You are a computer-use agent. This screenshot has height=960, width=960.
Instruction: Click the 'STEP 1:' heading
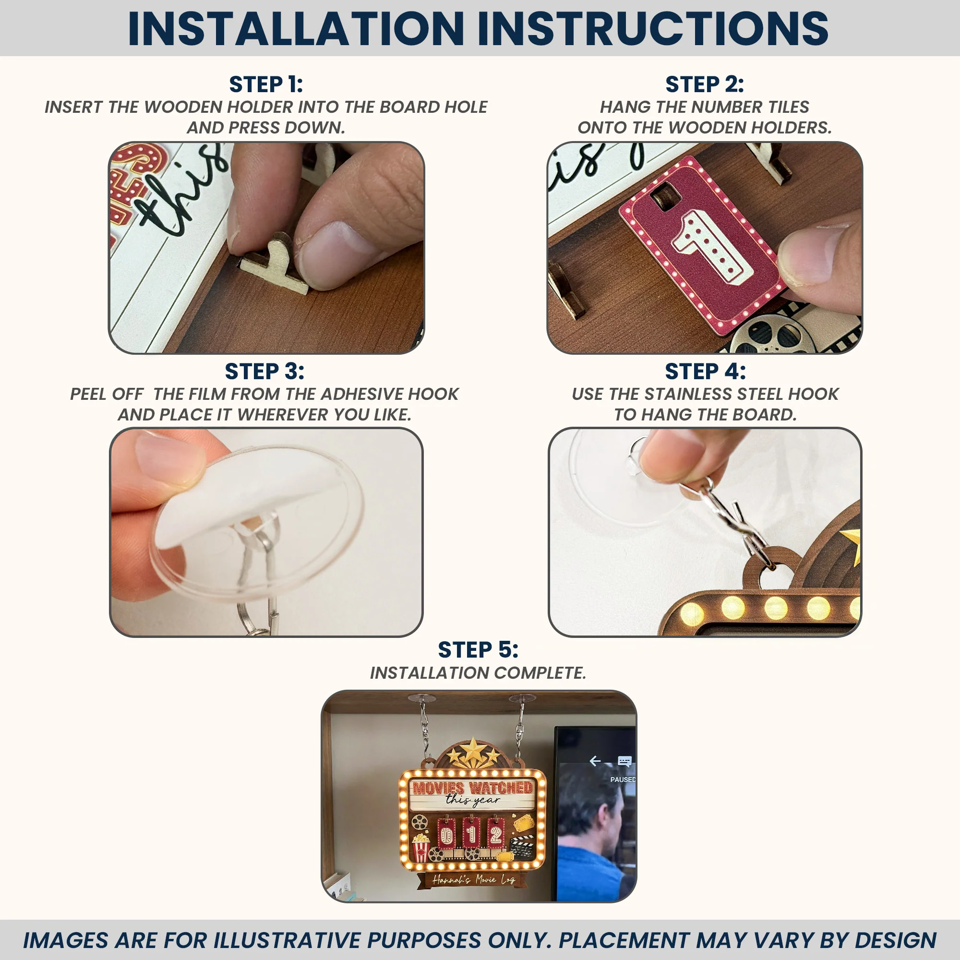tap(266, 84)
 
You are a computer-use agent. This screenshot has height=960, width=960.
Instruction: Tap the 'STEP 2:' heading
tap(705, 84)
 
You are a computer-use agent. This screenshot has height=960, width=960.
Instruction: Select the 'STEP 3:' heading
tap(264, 371)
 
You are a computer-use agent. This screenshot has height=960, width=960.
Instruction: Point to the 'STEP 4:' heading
tap(705, 371)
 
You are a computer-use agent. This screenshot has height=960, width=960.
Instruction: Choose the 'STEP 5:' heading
tap(478, 649)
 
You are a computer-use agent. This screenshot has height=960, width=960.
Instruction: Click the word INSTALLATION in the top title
tap(296, 28)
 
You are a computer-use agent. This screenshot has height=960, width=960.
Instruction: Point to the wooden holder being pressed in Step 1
tap(276, 264)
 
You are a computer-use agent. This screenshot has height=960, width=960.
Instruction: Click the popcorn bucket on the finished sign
tap(420, 848)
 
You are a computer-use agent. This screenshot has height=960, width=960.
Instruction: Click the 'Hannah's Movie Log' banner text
tap(474, 879)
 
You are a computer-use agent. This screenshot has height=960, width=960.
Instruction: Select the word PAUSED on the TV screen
tap(623, 780)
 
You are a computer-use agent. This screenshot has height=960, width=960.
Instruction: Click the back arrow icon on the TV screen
tap(595, 761)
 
